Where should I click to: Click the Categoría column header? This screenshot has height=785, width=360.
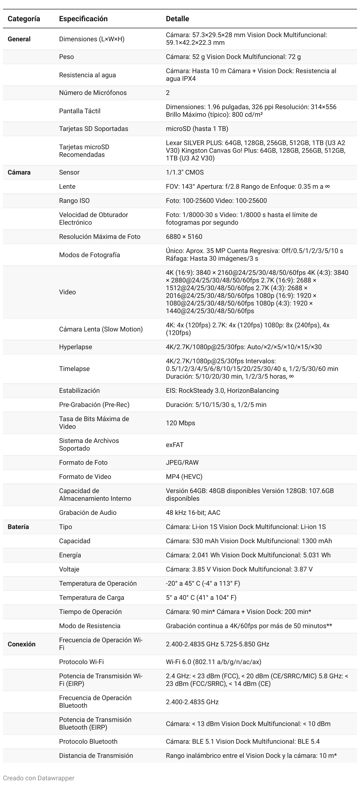(24, 19)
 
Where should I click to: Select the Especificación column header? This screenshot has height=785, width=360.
(83, 19)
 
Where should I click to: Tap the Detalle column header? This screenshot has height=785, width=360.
(177, 19)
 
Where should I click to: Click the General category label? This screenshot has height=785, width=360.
(19, 39)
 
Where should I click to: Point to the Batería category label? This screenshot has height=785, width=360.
(18, 527)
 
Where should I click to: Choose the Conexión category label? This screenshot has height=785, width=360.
(21, 644)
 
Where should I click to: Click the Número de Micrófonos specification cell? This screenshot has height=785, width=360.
(93, 93)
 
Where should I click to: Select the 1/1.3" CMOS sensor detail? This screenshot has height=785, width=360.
(185, 172)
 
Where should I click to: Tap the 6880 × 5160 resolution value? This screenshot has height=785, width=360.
(184, 237)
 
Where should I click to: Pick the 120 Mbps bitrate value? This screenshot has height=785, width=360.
(181, 423)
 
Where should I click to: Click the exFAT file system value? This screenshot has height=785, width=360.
(175, 445)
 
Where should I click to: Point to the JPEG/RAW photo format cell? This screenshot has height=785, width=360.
(182, 462)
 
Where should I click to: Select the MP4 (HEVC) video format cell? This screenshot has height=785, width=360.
(184, 476)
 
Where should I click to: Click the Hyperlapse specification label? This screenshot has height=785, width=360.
(76, 347)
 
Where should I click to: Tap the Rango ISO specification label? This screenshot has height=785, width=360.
(74, 201)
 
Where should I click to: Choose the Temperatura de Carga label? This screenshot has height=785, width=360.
(91, 597)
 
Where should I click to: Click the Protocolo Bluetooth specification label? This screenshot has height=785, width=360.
(88, 741)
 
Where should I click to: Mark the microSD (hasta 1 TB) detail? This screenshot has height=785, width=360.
(197, 129)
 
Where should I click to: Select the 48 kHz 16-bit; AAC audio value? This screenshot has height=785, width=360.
(193, 513)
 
